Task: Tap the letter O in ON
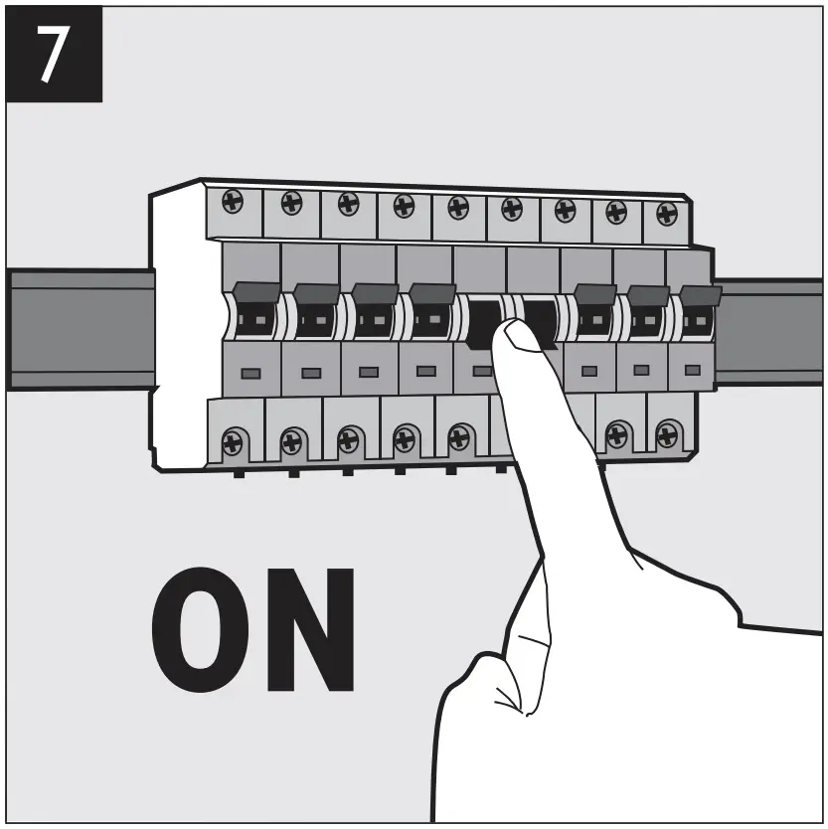pos(206,633)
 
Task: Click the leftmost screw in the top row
pos(233,201)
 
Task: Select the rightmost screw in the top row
pos(667,213)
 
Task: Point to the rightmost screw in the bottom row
pos(668,433)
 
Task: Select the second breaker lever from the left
pos(316,295)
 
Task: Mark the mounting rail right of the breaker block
pos(770,331)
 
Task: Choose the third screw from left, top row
pos(348,204)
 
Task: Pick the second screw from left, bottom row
pos(292,438)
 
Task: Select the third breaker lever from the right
pos(594,296)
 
